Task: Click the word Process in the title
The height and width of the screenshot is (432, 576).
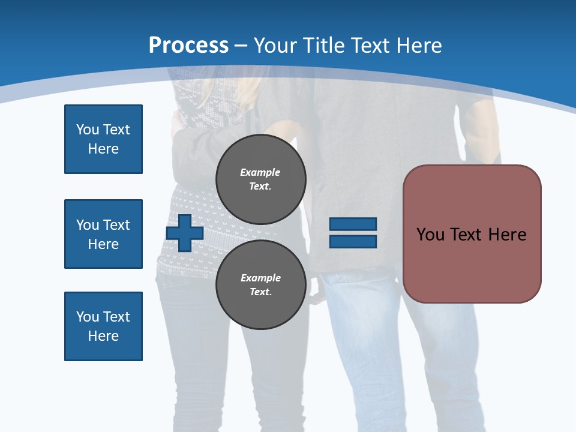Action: (x=188, y=45)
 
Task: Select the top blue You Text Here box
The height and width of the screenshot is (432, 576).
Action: (x=103, y=139)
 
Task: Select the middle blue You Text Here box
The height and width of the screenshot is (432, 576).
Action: (x=103, y=234)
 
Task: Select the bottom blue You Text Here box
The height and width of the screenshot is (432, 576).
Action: (x=103, y=326)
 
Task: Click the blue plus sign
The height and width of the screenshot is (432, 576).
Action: (x=185, y=233)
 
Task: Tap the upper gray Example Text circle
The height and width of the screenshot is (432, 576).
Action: (x=260, y=179)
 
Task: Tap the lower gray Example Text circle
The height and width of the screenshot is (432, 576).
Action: (x=260, y=285)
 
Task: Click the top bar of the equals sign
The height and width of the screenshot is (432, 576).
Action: (x=353, y=224)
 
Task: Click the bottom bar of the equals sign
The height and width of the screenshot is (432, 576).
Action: (x=353, y=241)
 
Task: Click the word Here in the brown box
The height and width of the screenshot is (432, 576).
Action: (x=507, y=235)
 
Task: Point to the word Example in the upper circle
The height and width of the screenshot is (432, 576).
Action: (x=260, y=172)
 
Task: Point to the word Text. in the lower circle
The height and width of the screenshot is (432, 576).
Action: (x=260, y=292)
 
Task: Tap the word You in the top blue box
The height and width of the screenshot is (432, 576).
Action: (x=87, y=130)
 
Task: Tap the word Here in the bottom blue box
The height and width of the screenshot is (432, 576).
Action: (x=103, y=336)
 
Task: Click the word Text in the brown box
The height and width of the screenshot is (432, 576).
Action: (x=466, y=235)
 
